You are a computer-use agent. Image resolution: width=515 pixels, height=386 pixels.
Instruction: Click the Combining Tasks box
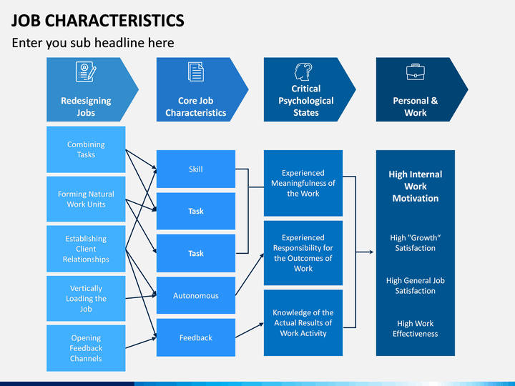point(86,149)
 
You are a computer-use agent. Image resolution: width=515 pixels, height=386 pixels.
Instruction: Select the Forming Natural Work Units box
point(86,199)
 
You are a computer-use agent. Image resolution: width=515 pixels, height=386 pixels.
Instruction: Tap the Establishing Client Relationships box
point(86,249)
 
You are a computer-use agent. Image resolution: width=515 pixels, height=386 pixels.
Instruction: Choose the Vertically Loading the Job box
point(86,298)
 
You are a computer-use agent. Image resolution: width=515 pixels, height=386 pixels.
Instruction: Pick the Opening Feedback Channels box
point(86,348)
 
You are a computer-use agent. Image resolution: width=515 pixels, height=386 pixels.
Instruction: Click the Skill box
point(196,169)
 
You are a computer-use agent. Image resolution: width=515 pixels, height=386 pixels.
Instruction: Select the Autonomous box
point(196,295)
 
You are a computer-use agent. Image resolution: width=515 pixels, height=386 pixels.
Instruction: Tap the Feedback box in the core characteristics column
point(196,337)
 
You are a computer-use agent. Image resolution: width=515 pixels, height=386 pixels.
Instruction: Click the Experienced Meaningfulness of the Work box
point(303,183)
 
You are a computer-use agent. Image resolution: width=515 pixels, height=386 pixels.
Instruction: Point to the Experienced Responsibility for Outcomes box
point(303,253)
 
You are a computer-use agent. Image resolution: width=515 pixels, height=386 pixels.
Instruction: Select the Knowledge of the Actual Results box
point(303,322)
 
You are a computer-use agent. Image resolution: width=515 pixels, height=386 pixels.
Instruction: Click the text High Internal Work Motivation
point(416,186)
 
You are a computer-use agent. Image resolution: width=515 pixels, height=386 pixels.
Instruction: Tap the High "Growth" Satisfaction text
point(416,243)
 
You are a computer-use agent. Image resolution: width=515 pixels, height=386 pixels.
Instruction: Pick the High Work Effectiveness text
point(416,329)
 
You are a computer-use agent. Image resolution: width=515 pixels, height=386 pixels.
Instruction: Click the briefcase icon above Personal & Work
point(416,72)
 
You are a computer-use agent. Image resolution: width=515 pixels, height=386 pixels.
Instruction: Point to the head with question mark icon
point(303,72)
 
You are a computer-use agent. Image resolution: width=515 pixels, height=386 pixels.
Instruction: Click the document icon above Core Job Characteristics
point(196,71)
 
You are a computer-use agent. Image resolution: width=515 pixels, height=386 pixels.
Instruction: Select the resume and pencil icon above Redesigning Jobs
point(86,71)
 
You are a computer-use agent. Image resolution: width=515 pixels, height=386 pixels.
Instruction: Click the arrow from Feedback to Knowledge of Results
point(250,330)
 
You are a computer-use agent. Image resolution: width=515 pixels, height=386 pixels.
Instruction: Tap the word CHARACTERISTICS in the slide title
point(114,20)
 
